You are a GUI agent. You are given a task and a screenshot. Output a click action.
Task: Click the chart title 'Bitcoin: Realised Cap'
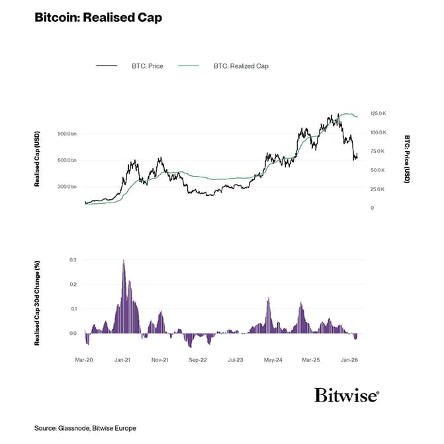[98, 17]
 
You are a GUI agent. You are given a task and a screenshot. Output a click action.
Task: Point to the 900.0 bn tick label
[67, 134]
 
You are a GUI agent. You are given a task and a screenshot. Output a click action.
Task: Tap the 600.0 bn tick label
[67, 160]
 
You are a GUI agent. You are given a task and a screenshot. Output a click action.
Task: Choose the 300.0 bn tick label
[67, 187]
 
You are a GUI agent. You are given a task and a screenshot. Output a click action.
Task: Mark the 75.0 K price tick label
[377, 152]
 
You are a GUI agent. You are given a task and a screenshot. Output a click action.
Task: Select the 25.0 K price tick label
[377, 189]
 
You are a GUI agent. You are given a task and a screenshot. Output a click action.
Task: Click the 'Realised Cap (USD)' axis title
[38, 159]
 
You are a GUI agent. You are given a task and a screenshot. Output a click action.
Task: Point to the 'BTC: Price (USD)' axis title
[407, 159]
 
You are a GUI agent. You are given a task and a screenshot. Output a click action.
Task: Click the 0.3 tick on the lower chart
[73, 260]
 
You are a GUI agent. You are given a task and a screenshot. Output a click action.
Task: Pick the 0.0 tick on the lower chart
[73, 333]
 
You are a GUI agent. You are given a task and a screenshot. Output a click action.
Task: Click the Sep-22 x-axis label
[198, 360]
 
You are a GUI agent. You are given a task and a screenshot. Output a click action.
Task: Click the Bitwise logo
[347, 396]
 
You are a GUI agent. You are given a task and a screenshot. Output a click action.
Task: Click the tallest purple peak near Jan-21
[123, 262]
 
